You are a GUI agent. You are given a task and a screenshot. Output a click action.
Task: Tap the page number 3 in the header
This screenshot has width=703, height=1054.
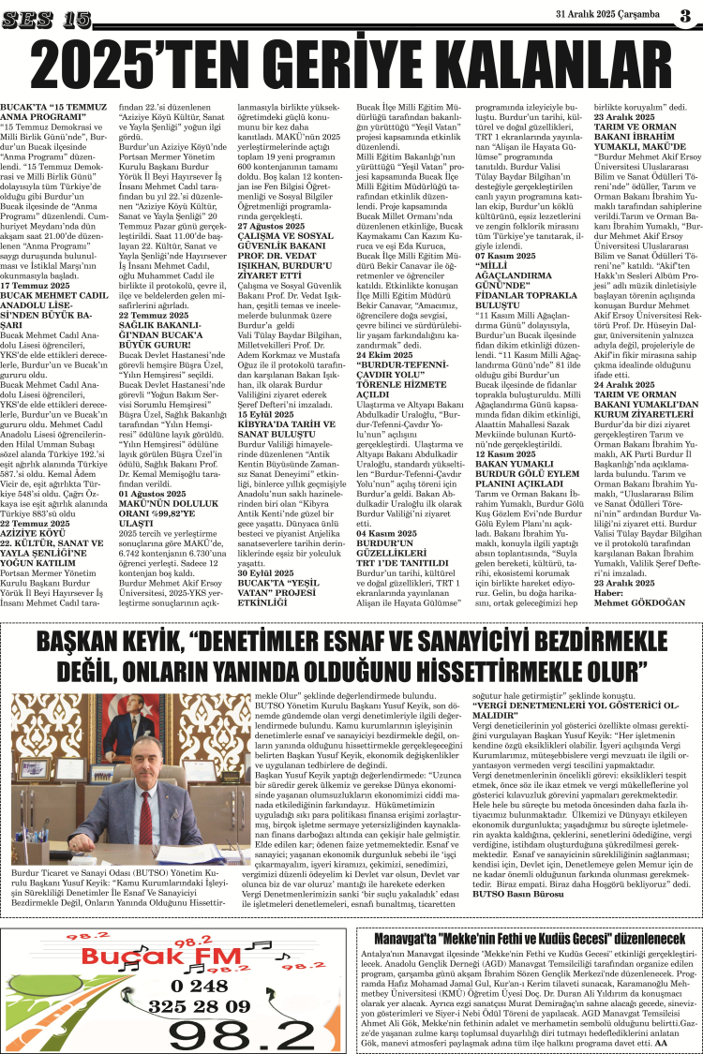click(x=684, y=16)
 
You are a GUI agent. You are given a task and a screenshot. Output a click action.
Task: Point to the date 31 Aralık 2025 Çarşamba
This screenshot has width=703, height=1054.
click(x=607, y=16)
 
